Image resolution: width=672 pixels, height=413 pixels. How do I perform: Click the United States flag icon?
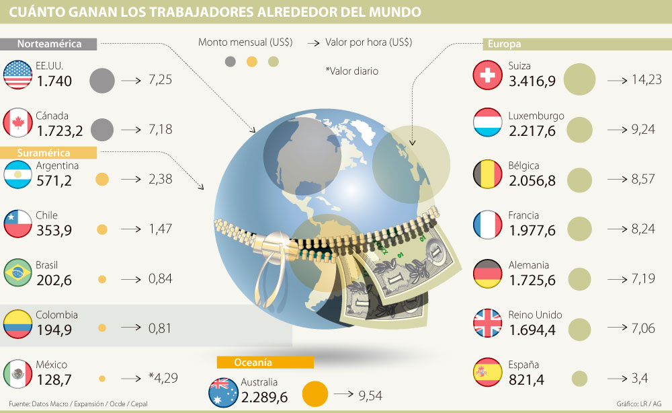19,75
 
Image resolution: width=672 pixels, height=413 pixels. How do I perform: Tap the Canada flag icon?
19,123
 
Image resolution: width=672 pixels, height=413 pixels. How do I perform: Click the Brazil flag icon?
19,273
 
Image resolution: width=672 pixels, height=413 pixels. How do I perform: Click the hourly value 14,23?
646,79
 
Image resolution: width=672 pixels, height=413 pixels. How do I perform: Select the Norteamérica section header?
49,44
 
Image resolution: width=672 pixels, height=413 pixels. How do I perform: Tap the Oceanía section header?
265,362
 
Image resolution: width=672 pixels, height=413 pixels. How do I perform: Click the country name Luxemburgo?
537,116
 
